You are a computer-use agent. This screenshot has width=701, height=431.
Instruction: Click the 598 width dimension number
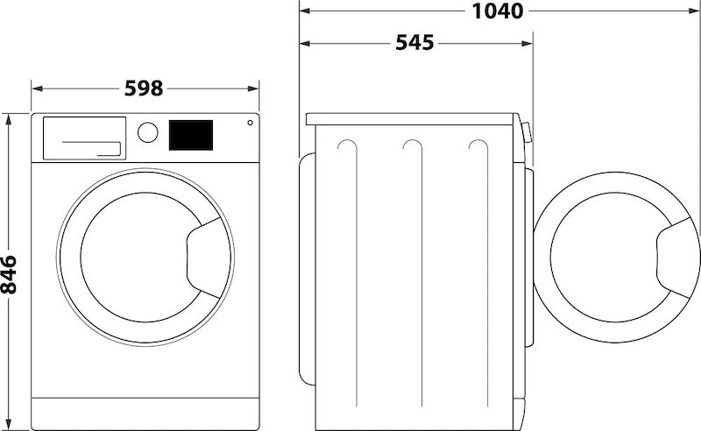point(145,88)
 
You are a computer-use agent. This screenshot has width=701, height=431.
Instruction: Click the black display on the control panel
point(190,135)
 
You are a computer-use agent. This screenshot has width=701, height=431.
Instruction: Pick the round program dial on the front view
point(149,132)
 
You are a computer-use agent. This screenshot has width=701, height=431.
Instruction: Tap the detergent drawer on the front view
point(83,138)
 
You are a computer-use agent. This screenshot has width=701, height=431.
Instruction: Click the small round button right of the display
point(250,123)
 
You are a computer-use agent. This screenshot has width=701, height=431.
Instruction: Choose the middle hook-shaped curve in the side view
point(411,149)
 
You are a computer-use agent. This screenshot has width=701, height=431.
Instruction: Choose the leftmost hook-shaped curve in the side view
point(347,149)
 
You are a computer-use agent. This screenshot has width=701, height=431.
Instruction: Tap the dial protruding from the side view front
point(526,132)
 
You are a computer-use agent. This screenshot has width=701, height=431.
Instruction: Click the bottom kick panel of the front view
point(145,407)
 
